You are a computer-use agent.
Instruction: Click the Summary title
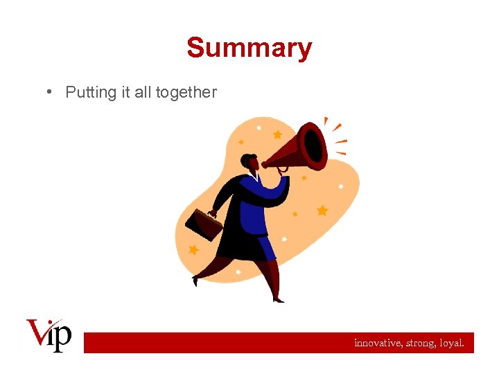point(249,48)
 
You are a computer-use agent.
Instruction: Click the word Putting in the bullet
point(91,92)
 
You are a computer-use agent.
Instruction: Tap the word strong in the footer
point(422,342)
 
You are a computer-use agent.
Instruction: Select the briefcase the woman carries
point(204,224)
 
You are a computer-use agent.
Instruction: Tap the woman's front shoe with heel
point(278,299)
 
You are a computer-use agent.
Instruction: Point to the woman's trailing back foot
point(196,280)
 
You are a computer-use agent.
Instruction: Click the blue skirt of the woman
point(263,246)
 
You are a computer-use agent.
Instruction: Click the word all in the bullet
point(142,92)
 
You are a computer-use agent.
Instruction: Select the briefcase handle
point(212,213)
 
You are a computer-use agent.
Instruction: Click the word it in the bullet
point(125,92)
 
